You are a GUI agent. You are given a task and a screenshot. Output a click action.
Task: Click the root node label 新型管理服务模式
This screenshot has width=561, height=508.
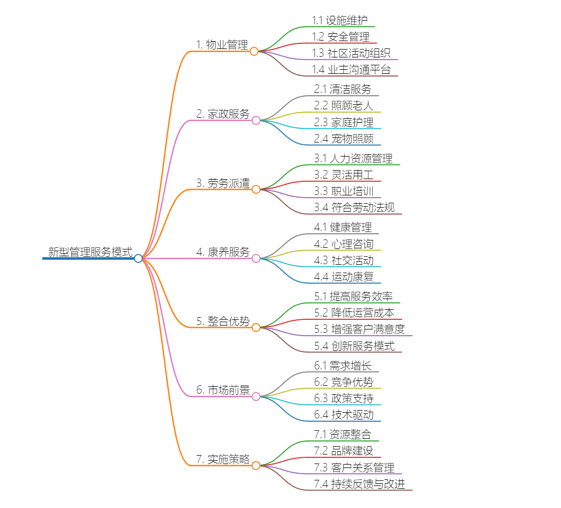point(90,252)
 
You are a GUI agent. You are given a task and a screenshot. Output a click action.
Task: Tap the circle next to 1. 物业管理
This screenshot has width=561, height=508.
point(254,51)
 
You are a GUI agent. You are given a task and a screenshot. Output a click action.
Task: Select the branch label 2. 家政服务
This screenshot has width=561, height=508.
point(222,114)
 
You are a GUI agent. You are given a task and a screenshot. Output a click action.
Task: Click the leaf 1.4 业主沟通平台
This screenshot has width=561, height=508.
point(351,70)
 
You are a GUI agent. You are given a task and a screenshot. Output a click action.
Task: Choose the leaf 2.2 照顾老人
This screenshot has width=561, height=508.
point(344,105)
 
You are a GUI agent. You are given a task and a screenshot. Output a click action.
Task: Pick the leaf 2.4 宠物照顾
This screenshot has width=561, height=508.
point(344,139)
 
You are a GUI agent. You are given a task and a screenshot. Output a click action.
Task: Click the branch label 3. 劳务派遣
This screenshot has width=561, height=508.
point(222,183)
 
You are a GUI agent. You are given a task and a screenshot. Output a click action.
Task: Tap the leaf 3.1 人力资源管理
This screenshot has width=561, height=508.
point(353,158)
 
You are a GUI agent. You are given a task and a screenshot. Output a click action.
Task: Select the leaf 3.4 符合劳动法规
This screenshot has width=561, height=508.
point(354,208)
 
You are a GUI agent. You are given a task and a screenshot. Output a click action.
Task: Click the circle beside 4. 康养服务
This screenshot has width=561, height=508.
point(256,259)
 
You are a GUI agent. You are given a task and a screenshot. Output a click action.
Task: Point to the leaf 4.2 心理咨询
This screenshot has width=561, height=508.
point(344,244)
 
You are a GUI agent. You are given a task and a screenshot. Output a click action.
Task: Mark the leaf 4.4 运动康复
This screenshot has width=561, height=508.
point(344,277)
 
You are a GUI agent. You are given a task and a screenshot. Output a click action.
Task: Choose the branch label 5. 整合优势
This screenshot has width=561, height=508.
point(222,321)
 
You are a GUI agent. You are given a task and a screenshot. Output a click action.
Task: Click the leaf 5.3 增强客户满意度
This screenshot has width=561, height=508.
point(359,329)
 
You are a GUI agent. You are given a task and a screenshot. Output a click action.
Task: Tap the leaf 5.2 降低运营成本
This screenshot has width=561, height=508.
point(354,313)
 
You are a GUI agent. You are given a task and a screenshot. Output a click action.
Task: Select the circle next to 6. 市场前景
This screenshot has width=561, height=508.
point(256,396)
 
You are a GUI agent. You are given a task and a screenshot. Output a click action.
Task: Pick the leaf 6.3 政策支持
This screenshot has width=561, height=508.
point(344,398)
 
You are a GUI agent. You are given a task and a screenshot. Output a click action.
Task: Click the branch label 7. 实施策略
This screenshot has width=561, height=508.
point(222,459)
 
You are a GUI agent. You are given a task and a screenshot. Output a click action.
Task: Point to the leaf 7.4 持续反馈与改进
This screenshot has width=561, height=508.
point(359,484)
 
